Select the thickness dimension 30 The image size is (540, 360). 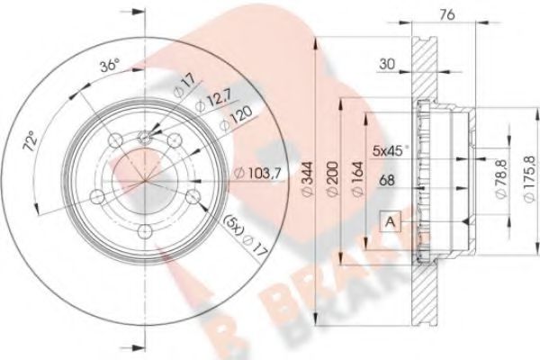pyautogui.click(x=387, y=64)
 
